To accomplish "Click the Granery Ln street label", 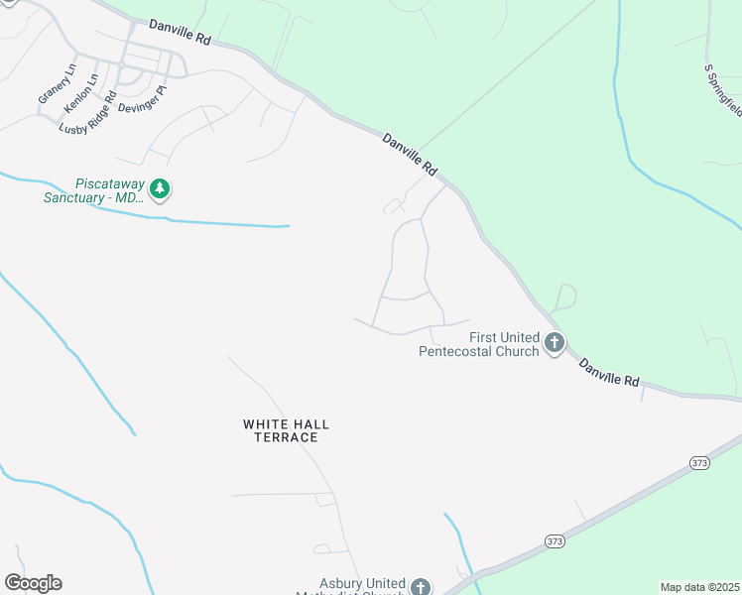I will tap(58, 84).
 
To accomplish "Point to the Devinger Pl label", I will tap(143, 99).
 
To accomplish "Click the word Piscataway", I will tap(110, 183).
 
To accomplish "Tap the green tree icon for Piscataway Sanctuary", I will tap(159, 188).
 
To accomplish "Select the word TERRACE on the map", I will tap(286, 437).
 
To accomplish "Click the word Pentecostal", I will tap(466, 351).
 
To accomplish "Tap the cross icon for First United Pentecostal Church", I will tap(554, 344).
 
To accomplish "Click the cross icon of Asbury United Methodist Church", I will tap(421, 587).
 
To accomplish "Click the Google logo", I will tap(33, 583).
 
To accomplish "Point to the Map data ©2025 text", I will tap(699, 587).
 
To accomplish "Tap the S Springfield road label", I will tap(722, 85).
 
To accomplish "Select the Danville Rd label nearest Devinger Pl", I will tap(181, 35).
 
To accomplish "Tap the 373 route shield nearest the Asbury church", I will tap(554, 540).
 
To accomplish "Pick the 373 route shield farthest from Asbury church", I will tap(699, 463).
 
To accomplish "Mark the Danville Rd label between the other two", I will tap(410, 157).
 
